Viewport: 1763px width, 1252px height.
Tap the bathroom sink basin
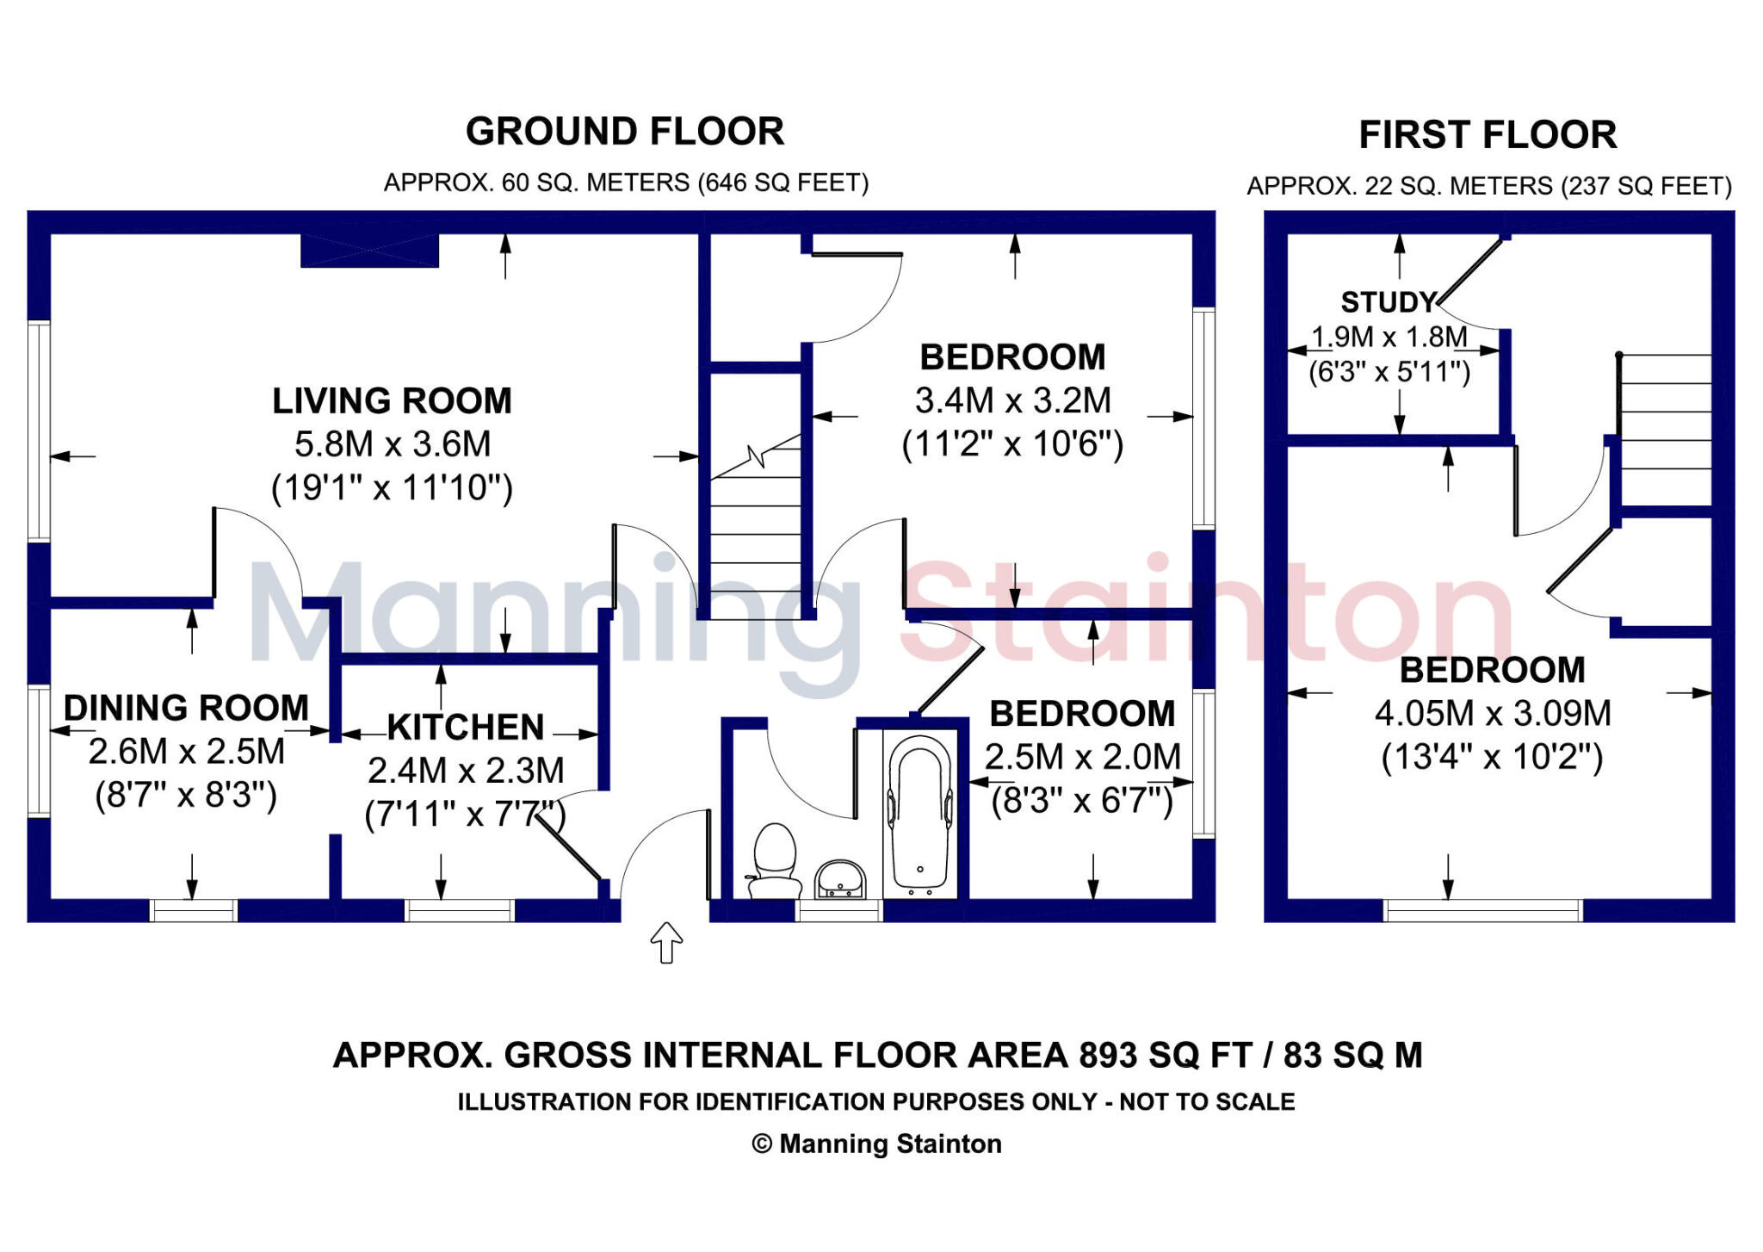[x=840, y=880]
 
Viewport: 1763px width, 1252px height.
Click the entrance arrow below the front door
[x=666, y=943]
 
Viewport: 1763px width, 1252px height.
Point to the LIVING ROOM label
[x=393, y=401]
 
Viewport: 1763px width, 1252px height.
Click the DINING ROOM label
[x=186, y=708]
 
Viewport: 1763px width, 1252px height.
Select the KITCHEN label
[x=466, y=728]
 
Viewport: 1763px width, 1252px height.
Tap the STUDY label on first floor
[x=1389, y=302]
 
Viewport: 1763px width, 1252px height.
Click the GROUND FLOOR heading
[x=625, y=132]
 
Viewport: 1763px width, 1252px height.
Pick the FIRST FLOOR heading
[x=1488, y=135]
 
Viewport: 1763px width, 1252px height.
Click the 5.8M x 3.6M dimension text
[x=393, y=444]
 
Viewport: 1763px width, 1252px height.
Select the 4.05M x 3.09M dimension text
[x=1492, y=714]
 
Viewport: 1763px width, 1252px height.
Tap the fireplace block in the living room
[x=369, y=251]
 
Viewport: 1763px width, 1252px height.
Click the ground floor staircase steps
[x=756, y=534]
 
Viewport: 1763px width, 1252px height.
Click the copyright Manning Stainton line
[x=876, y=1144]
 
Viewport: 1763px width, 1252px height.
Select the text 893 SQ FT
[x=1167, y=1056]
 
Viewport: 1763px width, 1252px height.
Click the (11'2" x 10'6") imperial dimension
[x=1012, y=445]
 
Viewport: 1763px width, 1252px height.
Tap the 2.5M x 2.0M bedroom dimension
[x=1082, y=758]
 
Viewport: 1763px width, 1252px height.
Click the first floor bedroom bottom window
[x=1483, y=910]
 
